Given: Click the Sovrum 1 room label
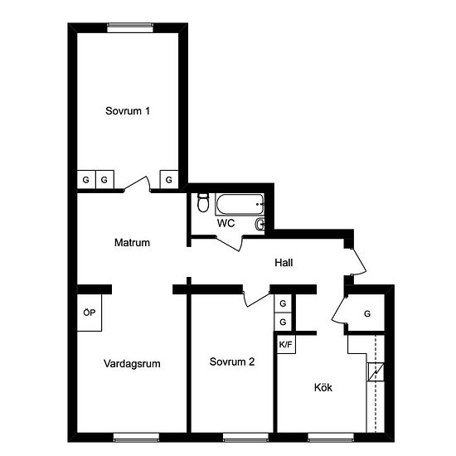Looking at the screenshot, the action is point(128,111).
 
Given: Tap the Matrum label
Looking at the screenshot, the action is point(132,243).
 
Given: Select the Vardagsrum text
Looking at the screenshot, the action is point(132,363).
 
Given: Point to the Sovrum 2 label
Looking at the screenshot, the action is point(232,361).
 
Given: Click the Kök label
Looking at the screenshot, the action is point(323,387).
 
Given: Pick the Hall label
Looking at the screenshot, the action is point(284,263).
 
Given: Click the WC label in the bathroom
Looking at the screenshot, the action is point(226,223).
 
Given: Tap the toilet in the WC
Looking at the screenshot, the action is point(203,202).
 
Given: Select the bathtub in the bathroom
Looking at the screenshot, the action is point(240,205).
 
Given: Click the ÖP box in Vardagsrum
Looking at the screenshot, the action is point(90,313).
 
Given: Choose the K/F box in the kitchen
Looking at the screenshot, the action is point(286,345).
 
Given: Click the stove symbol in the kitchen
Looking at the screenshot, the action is point(376,372).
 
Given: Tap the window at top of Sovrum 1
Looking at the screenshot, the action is point(130,27).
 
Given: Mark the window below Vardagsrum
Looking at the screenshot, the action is point(136,438).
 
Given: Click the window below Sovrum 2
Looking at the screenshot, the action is point(246,438).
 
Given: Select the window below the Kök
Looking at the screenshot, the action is point(331,438).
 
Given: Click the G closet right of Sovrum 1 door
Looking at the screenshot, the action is point(169,180).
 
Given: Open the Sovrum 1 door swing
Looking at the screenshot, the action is point(137,184).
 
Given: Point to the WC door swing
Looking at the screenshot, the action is point(230,244).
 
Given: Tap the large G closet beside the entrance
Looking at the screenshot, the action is point(367,313).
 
